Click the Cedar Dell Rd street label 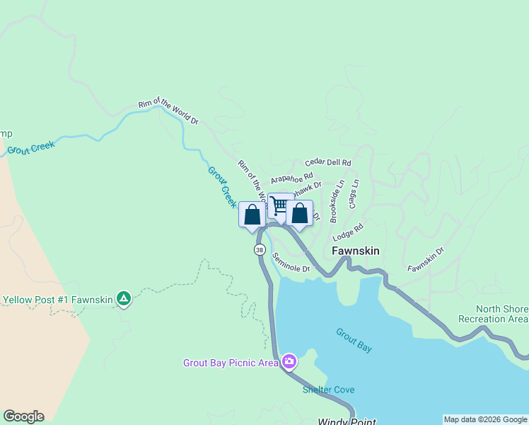328,163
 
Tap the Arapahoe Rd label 291,178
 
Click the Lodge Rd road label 348,232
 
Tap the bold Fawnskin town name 356,251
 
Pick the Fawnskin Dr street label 426,259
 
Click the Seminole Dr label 291,264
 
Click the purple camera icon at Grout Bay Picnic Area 289,362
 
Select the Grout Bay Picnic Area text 231,363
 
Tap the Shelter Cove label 329,390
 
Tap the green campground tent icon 124,299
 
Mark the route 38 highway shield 260,250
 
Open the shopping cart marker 280,205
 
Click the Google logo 23,416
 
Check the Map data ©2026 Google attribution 485,419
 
